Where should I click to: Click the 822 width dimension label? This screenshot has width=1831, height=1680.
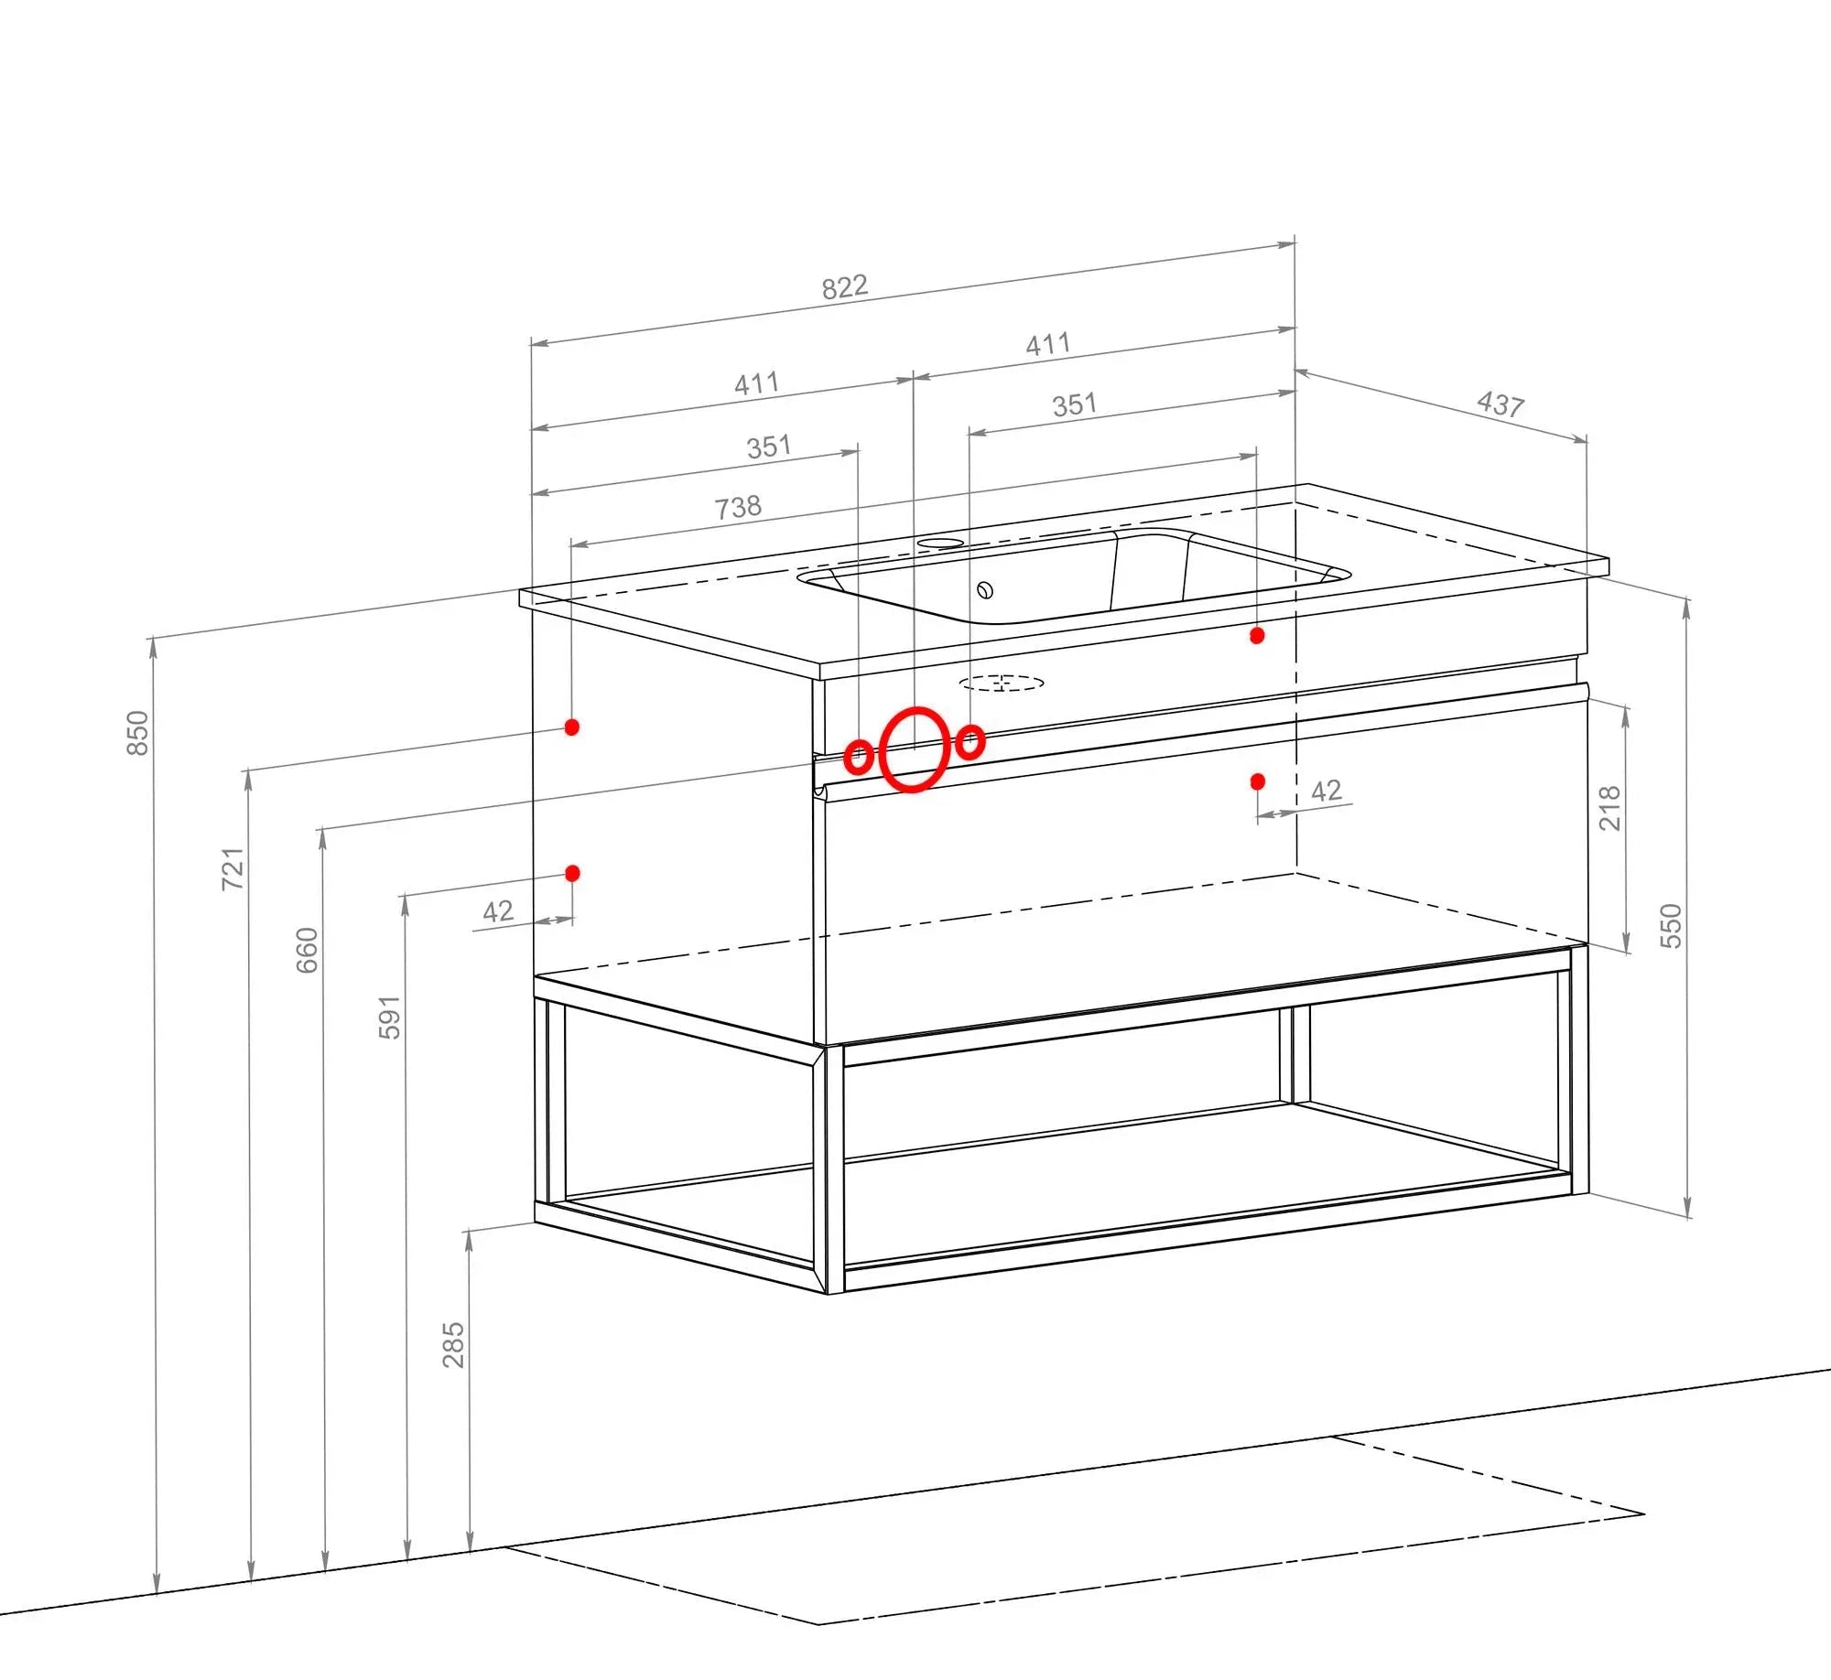[x=844, y=287]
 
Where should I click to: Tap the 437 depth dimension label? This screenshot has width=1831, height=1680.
[x=1501, y=404]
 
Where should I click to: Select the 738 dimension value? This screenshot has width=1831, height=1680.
[x=738, y=507]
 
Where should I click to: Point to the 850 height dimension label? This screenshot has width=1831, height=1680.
[x=136, y=733]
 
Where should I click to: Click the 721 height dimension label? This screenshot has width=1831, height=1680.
[x=233, y=868]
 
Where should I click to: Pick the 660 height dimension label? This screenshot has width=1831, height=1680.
[x=307, y=950]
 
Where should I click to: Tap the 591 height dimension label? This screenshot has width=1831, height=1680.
[x=389, y=1017]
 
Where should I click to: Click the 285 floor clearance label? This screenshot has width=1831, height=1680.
[x=453, y=1344]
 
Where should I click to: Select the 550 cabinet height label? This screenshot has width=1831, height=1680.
[x=1671, y=925]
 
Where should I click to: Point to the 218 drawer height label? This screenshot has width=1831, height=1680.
[x=1609, y=808]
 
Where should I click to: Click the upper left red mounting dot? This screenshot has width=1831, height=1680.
[x=572, y=727]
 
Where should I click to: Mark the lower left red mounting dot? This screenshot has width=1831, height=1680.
[x=572, y=873]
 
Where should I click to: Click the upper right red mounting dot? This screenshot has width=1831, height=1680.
[x=1257, y=635]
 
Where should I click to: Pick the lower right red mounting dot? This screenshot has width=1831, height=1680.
[x=1257, y=781]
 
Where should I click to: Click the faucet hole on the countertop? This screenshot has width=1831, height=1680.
[x=940, y=544]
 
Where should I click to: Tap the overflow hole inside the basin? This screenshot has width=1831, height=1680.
[x=985, y=590]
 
